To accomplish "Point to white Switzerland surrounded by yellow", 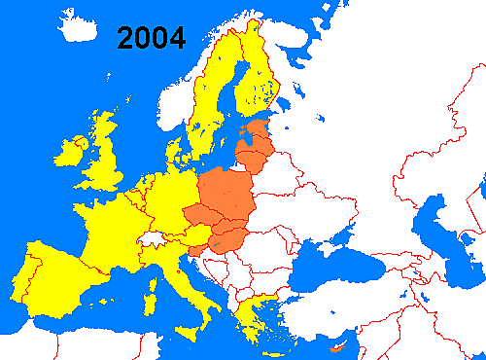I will (150, 236).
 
